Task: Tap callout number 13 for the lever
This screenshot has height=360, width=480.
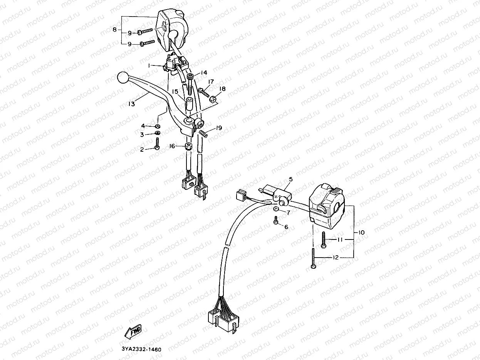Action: pos(131,104)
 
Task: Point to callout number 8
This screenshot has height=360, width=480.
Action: pos(114,29)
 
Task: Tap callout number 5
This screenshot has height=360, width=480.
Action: pos(290,179)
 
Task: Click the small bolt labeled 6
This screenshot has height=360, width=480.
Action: pos(276,220)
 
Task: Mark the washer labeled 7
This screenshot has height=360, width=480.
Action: pos(276,209)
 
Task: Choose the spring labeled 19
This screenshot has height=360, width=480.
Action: pos(203,133)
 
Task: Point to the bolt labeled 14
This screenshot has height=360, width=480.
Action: pos(190,82)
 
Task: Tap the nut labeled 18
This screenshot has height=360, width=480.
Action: pos(213,99)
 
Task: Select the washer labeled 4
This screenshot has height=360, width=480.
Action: pos(158,126)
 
